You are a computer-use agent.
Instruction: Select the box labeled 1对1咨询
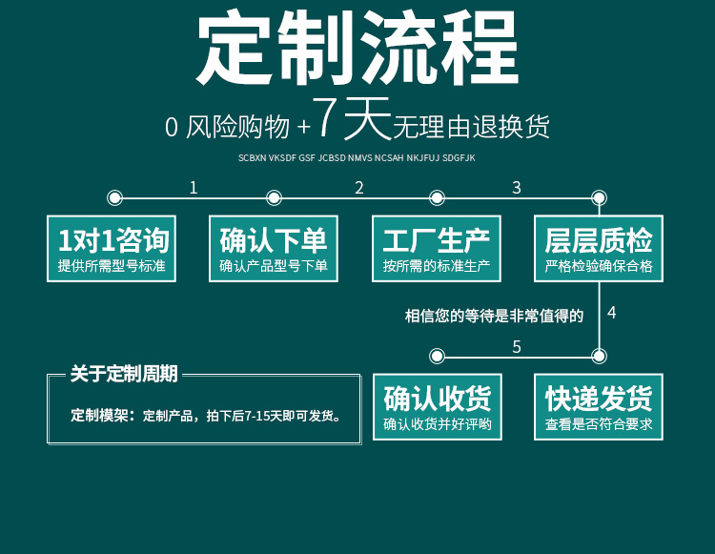click(x=112, y=248)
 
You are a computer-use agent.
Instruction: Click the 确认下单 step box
click(x=275, y=248)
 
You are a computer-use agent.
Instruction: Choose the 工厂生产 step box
click(x=437, y=248)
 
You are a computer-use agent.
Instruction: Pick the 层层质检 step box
click(x=599, y=248)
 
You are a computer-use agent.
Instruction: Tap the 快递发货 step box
click(x=599, y=406)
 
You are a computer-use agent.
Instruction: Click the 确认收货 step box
click(x=437, y=406)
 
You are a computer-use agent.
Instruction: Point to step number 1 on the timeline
click(x=194, y=187)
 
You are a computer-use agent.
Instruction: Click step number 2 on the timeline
click(x=359, y=187)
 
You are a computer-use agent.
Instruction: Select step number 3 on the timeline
click(x=517, y=187)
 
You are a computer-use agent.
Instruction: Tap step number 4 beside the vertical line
click(x=612, y=313)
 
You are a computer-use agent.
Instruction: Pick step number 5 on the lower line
click(x=517, y=346)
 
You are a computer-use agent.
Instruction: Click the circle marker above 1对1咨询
click(x=114, y=198)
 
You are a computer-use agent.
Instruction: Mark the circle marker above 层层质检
click(x=599, y=198)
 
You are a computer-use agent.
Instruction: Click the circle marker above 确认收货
click(x=437, y=357)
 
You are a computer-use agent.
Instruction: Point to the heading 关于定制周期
click(x=124, y=374)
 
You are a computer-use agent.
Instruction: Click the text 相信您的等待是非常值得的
click(x=494, y=316)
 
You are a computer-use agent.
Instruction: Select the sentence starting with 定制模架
click(x=205, y=417)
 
